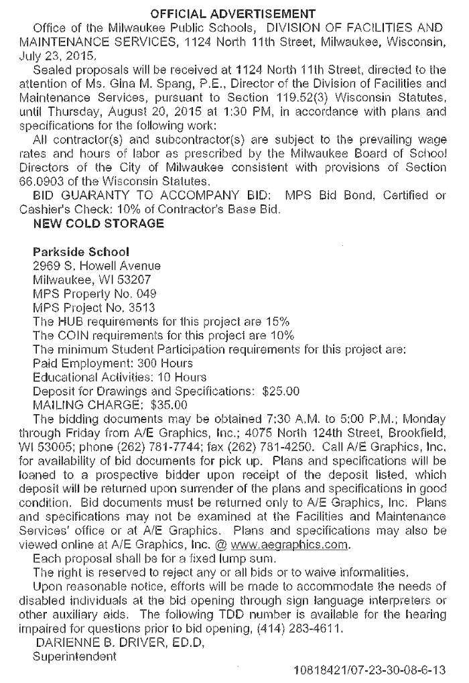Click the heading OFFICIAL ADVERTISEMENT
tap(232, 13)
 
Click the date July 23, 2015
tap(59, 56)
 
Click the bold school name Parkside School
tap(81, 253)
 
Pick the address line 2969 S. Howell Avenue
tap(97, 266)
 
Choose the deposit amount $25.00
tap(281, 391)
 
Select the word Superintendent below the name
tap(74, 657)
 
